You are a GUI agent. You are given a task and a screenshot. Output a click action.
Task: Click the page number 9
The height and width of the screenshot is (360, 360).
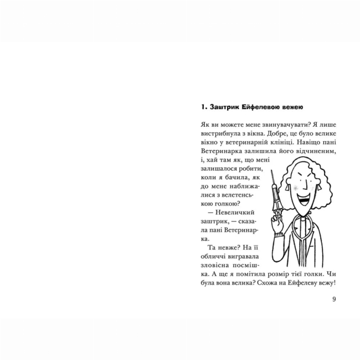point(334,300)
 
